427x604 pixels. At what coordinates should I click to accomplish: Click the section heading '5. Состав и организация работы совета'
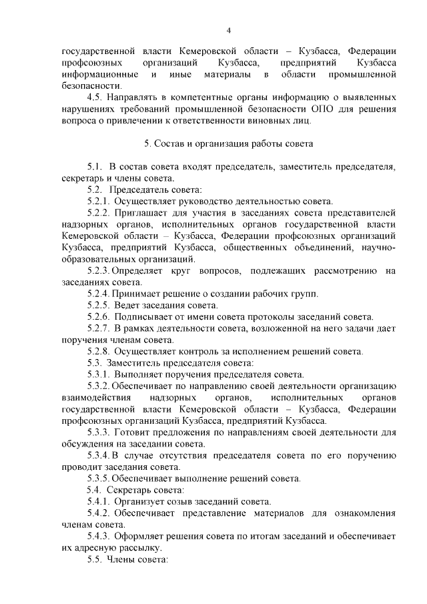point(228,143)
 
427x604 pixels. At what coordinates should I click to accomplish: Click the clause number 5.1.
point(96,166)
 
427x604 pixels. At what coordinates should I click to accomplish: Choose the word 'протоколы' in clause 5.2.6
point(272,316)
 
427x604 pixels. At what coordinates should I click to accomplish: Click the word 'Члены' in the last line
point(121,559)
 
